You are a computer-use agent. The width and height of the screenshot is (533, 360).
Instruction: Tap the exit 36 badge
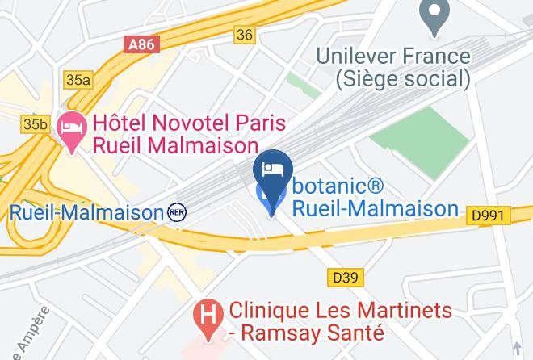245,34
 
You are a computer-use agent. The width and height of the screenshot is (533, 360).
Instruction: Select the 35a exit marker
78,80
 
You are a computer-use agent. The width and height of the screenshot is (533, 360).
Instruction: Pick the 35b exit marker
35,123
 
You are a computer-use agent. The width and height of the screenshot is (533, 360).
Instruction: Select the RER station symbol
176,212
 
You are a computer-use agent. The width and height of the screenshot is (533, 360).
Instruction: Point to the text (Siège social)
402,78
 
